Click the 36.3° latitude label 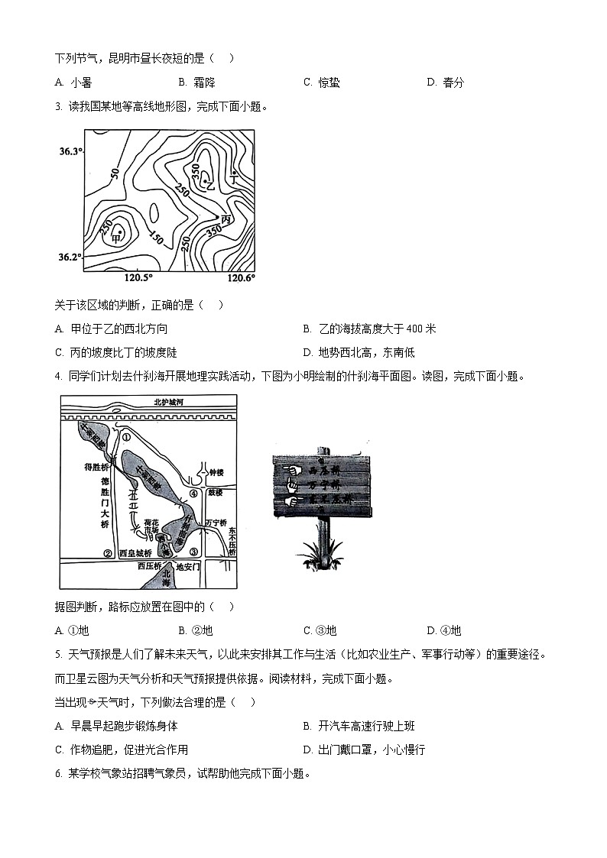70,151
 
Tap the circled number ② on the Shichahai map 108,553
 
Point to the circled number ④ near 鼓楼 194,494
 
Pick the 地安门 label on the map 187,567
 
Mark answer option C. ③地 320,630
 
